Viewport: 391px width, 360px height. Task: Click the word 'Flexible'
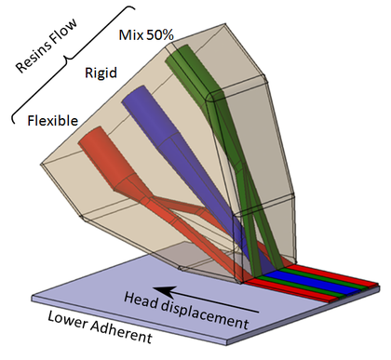52,120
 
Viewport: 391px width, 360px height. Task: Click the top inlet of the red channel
89,140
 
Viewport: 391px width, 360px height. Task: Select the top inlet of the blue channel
133,97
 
